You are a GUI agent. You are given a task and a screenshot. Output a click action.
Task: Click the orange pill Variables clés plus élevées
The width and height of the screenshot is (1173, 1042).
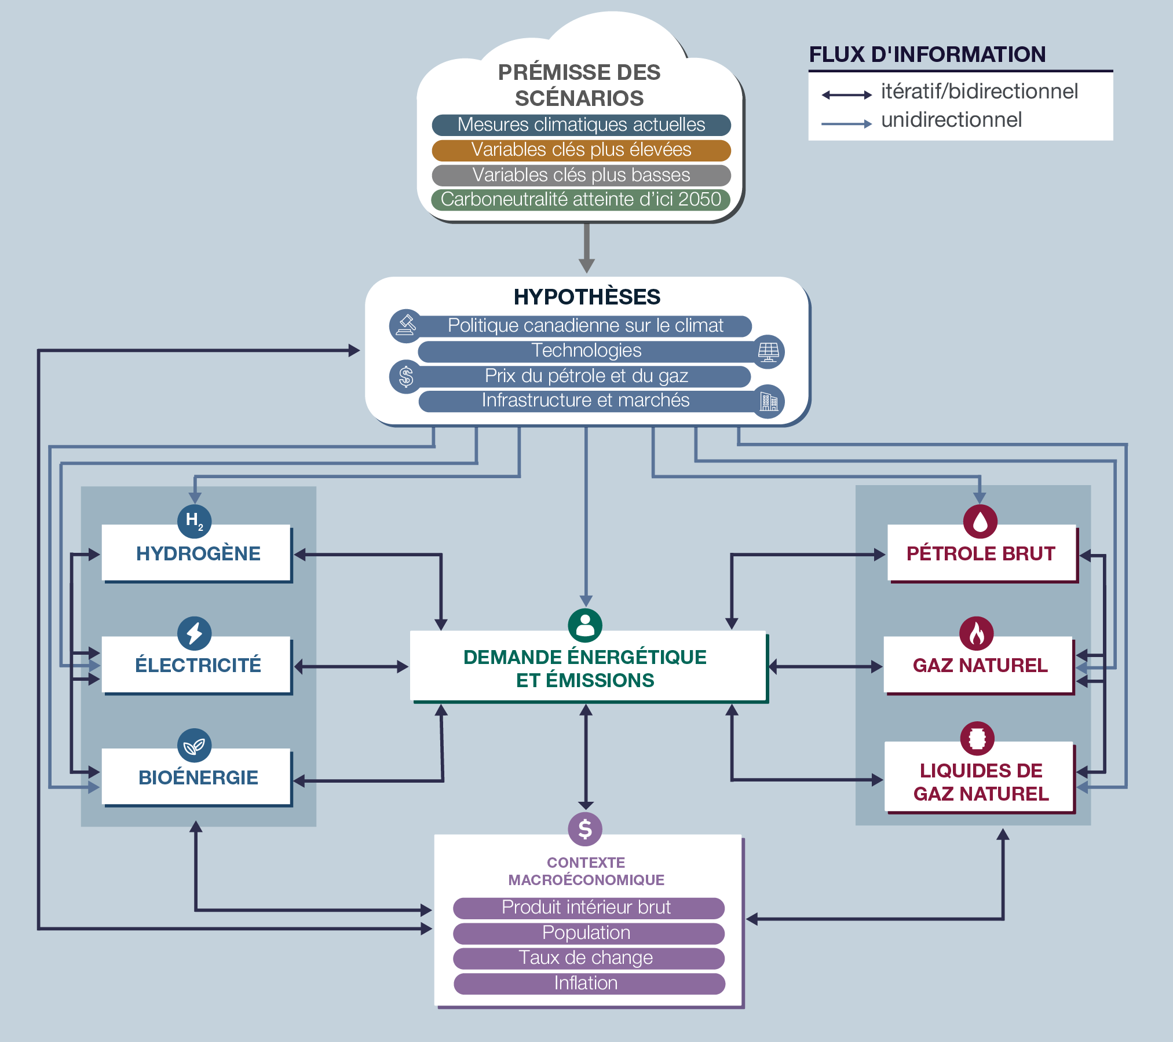point(581,150)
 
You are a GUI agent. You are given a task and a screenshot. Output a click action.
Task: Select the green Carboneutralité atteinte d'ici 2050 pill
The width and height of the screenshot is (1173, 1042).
point(581,200)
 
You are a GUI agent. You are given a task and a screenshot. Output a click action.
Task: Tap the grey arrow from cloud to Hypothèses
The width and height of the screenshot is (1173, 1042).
point(587,248)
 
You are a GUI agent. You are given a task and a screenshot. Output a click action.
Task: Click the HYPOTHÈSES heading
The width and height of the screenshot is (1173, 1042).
point(587,297)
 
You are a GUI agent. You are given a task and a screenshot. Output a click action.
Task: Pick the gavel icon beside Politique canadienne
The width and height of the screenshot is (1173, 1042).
point(406,325)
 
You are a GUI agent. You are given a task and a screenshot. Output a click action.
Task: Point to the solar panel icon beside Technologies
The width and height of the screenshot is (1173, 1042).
point(768,351)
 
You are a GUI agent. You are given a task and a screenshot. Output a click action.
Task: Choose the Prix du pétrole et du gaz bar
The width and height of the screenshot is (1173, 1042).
point(585,376)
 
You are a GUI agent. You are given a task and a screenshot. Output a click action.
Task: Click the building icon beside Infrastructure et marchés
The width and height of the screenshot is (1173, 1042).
point(769,401)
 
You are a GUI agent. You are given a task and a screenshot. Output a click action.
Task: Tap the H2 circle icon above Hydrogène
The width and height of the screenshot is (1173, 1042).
point(194,520)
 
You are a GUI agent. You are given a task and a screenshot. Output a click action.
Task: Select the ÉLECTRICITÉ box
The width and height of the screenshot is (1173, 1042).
point(198,665)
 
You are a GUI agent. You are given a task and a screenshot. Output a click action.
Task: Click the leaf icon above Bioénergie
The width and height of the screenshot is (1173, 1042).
point(194,746)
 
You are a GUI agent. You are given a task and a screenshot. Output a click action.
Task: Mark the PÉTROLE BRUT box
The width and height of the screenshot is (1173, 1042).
point(981,553)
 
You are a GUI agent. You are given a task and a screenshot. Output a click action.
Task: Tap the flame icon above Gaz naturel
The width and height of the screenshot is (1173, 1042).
point(977,633)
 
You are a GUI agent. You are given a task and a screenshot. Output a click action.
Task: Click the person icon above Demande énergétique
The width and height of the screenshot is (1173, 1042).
point(585,625)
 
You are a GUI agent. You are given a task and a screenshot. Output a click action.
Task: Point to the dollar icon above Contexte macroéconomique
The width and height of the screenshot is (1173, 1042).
point(585,829)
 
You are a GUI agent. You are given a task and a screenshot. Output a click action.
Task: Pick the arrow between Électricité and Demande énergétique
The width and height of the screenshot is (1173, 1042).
point(351,667)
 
